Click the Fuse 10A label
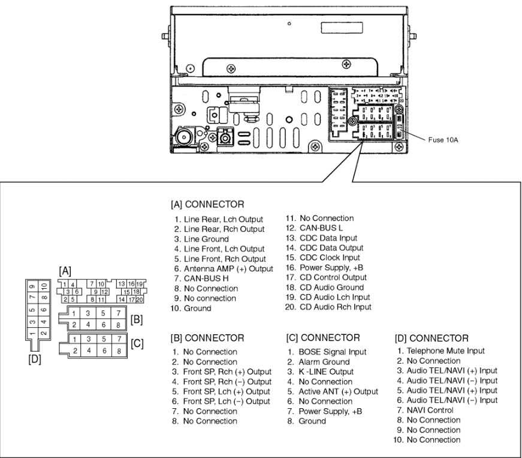(443, 140)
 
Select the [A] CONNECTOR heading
(207, 204)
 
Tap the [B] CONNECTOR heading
(207, 338)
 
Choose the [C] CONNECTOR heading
(323, 337)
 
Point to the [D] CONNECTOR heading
(432, 339)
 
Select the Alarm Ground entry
(327, 362)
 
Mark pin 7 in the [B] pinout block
(117, 313)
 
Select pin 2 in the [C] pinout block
(74, 350)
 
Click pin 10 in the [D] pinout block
(44, 286)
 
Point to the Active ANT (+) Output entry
(338, 391)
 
